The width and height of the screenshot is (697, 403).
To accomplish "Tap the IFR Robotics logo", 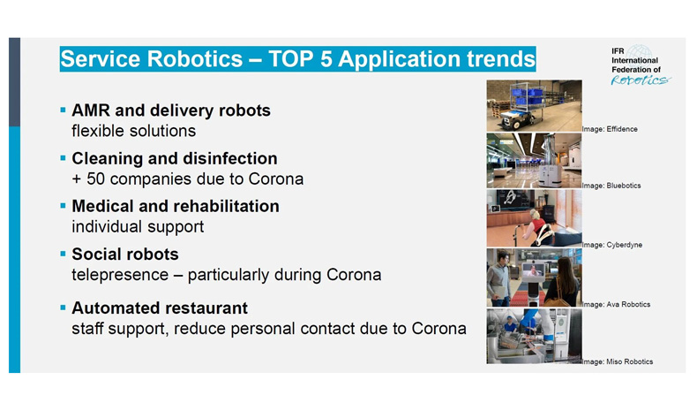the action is (x=641, y=65).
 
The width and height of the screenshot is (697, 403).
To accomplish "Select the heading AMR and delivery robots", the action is (x=171, y=110).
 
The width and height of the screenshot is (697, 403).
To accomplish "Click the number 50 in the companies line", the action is (x=95, y=179).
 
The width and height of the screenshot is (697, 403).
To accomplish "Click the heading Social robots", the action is (x=125, y=255).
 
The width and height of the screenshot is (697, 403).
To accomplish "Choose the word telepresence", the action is (x=120, y=275).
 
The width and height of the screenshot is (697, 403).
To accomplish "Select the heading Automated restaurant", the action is (x=160, y=308).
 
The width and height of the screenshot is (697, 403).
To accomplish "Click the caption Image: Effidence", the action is (x=610, y=129).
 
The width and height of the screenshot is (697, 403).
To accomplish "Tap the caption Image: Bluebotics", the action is (x=611, y=186).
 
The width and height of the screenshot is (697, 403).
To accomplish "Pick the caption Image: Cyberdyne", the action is (x=612, y=245).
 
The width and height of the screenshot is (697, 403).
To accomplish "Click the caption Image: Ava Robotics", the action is (x=616, y=305).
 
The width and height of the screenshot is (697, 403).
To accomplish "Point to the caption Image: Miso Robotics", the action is (x=618, y=362).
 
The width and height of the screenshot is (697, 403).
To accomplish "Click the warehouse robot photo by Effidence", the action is (x=535, y=106).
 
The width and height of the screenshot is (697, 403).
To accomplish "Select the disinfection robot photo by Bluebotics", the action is (x=535, y=161).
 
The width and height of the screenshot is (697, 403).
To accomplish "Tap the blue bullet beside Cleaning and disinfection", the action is (x=64, y=157).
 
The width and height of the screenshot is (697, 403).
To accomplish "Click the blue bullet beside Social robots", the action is (x=64, y=254).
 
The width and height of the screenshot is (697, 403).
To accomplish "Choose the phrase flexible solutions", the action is (x=134, y=131).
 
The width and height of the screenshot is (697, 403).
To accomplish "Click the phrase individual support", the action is (x=138, y=227).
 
